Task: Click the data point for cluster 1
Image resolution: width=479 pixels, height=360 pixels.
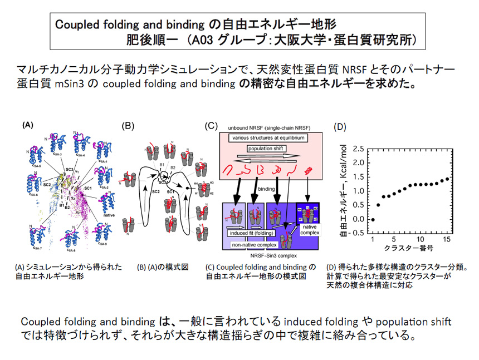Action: pos(373,219)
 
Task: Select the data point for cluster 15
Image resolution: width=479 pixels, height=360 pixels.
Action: pos(447,179)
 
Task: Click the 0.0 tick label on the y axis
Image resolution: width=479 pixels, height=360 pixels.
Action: pos(359,219)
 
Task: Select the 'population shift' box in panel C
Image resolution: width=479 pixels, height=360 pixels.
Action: pos(265,149)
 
